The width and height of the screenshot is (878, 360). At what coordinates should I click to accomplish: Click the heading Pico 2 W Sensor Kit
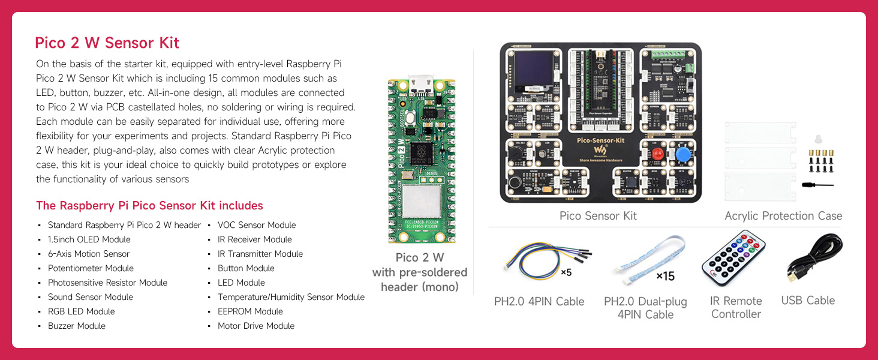107,43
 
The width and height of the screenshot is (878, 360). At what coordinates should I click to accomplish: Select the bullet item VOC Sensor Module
257,225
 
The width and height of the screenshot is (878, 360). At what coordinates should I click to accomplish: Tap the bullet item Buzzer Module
77,326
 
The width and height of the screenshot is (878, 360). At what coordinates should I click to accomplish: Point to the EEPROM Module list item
250,311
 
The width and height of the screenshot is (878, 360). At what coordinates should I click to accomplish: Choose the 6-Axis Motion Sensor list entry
89,254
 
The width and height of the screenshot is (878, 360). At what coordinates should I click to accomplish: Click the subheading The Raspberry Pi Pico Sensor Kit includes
149,206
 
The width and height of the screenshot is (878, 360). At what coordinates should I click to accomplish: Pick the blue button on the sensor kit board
682,154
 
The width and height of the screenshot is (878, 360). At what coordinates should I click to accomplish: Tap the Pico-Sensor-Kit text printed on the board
600,139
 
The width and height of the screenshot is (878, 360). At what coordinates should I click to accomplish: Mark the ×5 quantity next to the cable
566,272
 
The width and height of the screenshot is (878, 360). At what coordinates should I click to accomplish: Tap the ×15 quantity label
665,276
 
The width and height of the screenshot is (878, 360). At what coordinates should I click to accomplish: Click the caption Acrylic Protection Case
783,216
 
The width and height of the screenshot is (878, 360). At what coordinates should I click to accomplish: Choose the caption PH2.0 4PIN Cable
539,301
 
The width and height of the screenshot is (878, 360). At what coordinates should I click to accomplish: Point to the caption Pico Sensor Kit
598,216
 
